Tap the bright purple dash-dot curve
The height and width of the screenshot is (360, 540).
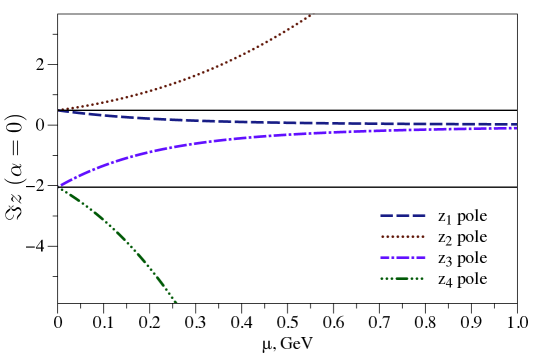[250, 137]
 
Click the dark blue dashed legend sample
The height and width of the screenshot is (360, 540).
[402, 215]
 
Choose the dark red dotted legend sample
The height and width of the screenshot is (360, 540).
[402, 236]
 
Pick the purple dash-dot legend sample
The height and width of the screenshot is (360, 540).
[402, 257]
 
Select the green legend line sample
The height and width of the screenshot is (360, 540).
[402, 278]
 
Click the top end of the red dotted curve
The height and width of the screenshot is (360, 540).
[310, 16]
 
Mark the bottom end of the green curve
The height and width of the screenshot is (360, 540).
[175, 301]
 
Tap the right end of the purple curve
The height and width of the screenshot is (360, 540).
[515, 128]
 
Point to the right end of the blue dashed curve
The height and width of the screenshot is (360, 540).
[515, 124]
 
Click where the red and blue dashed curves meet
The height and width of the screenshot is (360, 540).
[61, 110]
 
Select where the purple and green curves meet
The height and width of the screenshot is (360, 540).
[62, 185]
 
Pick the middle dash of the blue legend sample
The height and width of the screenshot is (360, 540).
[402, 215]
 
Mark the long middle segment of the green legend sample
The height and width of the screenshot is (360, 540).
[402, 278]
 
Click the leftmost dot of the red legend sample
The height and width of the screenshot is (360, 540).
[382, 236]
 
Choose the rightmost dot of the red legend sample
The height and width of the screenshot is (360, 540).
[423, 236]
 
